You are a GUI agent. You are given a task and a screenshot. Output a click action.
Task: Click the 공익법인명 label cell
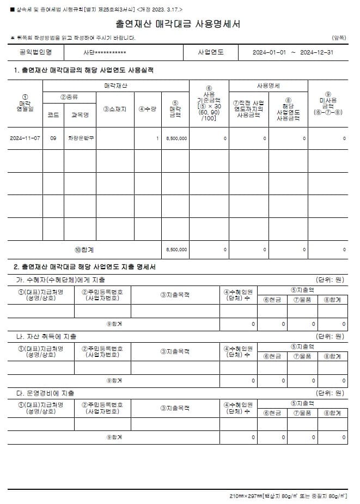[x=35, y=53]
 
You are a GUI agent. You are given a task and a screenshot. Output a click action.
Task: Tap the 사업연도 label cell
[x=211, y=53]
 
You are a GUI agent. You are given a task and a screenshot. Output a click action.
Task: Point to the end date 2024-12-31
[x=317, y=53]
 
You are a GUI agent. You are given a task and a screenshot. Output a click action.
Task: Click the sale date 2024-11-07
[x=25, y=138]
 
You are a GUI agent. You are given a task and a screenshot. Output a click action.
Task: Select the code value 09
[x=53, y=138]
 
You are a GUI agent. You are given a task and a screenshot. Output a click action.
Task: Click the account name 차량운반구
[x=80, y=138]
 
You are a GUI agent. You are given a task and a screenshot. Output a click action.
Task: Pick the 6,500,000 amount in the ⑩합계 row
[x=176, y=250]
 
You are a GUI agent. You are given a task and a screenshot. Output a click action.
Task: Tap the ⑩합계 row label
[x=84, y=250]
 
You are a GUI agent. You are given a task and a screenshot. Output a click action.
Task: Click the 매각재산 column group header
[x=115, y=86]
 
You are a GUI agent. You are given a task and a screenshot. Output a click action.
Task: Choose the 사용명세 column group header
[x=268, y=86]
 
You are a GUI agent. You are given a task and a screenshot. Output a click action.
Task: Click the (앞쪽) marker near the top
[x=338, y=38]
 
